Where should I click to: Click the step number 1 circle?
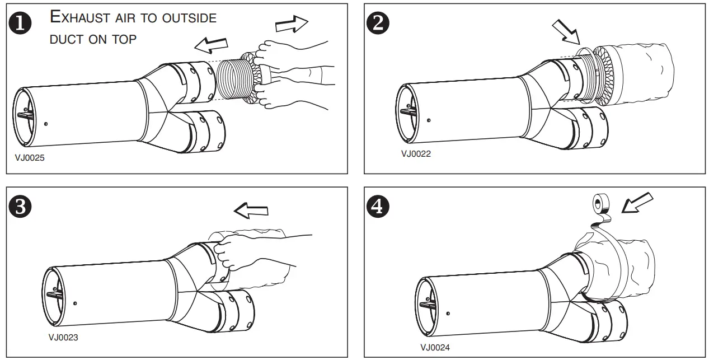[21, 24]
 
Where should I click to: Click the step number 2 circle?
[378, 24]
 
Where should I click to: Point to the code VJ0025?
[29, 158]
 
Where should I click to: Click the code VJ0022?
[416, 153]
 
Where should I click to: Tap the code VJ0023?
[63, 337]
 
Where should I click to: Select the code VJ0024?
[435, 347]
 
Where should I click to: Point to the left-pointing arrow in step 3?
[251, 211]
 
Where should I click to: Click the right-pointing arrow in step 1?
[292, 25]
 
